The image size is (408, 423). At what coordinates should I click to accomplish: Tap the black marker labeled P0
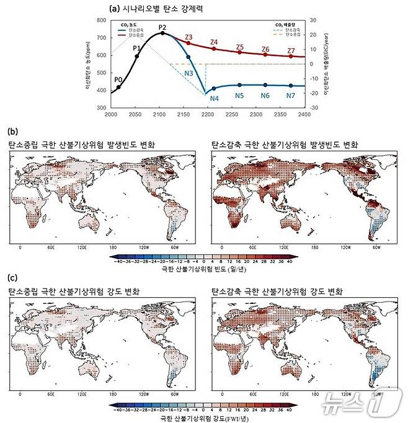click(119, 87)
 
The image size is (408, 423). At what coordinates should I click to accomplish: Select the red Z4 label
click(214, 42)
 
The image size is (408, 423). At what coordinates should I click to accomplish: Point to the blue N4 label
click(215, 98)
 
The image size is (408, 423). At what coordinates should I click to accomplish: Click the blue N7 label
click(291, 96)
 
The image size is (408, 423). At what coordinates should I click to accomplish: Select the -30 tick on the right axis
click(314, 109)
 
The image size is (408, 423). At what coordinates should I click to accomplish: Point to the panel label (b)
click(11, 131)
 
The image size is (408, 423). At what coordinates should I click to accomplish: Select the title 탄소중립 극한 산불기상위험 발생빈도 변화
click(81, 145)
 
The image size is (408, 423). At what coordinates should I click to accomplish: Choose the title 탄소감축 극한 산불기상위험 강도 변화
click(278, 292)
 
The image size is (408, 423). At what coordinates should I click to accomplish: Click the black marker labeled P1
click(137, 56)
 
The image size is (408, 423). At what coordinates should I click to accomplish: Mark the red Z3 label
click(188, 37)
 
